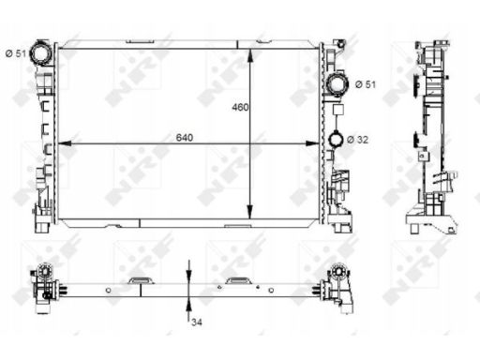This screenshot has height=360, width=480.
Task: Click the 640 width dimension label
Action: tap(185, 138)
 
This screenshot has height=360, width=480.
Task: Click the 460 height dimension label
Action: tap(240, 107)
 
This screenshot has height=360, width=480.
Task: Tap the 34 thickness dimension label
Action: tap(197, 322)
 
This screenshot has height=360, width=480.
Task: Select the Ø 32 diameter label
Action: tap(358, 140)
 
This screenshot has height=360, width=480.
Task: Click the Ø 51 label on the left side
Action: tap(16, 53)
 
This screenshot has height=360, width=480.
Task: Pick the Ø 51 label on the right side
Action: tap(366, 84)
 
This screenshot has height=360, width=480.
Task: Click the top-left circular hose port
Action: tap(41, 53)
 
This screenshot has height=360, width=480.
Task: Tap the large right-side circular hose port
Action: tap(337, 83)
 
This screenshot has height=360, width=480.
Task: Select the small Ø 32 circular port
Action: tap(336, 140)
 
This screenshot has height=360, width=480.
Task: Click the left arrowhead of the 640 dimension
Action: tap(65, 143)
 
